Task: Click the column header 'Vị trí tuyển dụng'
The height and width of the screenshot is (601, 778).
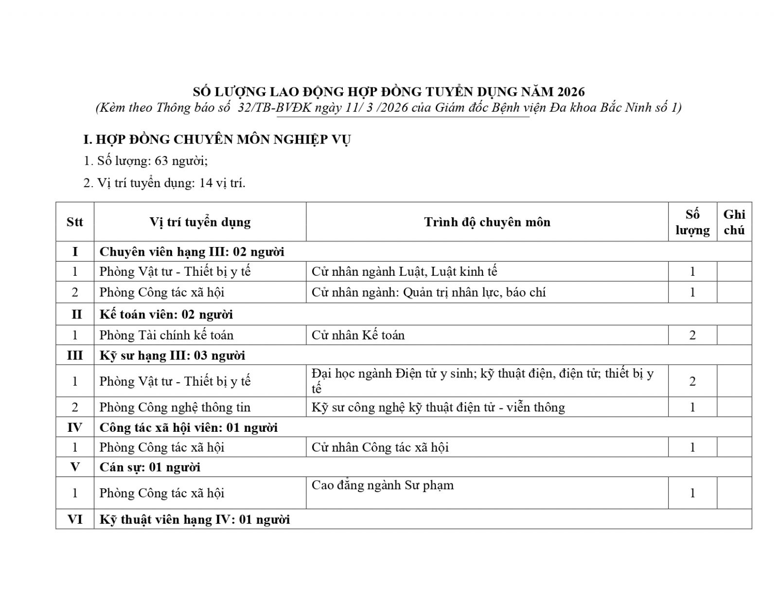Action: [x=200, y=222]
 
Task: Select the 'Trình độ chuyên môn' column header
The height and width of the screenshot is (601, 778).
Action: [x=487, y=222]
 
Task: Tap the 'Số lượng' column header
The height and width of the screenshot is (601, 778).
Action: [x=692, y=222]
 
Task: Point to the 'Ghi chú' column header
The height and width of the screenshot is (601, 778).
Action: [x=734, y=222]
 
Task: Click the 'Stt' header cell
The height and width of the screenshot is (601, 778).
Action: [x=75, y=222]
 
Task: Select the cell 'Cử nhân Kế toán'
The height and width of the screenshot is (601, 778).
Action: [x=358, y=335]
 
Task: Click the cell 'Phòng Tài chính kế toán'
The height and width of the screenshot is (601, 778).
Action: [x=166, y=335]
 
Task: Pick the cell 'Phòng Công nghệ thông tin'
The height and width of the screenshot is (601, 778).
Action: [x=175, y=407]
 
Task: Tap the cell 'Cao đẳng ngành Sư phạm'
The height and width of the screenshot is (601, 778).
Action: [x=383, y=485]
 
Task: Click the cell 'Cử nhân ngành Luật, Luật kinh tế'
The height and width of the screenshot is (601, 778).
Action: [x=404, y=271]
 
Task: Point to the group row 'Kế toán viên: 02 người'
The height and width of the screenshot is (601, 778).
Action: [x=166, y=314]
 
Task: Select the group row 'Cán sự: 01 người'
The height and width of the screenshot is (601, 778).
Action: [x=150, y=467]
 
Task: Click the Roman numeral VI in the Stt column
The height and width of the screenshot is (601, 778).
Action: [x=75, y=519]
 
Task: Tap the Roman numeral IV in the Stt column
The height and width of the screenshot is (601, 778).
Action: [x=75, y=427]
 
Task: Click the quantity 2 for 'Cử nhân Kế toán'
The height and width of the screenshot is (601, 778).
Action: [x=692, y=335]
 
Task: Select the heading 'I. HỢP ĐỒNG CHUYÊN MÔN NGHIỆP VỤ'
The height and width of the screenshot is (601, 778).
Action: [x=217, y=140]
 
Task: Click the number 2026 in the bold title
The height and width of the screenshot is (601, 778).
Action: [x=571, y=91]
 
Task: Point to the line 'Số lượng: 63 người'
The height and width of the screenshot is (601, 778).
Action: [x=146, y=161]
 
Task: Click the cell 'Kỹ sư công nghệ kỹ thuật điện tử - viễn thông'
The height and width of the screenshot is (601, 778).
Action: [x=438, y=407]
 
